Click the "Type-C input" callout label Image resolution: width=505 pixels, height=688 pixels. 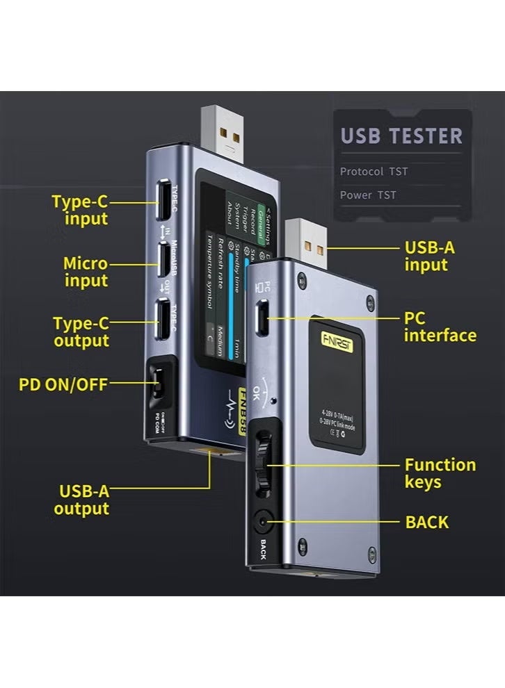(x=79, y=211)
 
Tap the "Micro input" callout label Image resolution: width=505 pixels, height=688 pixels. (x=86, y=272)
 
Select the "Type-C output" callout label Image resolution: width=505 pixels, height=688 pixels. (x=81, y=332)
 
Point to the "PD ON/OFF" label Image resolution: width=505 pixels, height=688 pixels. (x=63, y=384)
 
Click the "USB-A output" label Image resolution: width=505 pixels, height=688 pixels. (x=83, y=500)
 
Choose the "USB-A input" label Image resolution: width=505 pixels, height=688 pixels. (x=429, y=256)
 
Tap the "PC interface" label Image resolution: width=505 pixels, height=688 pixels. (x=440, y=327)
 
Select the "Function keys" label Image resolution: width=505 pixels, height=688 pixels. (x=440, y=473)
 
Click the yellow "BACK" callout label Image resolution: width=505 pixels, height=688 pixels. (x=427, y=522)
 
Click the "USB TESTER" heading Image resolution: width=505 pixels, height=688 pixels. (x=401, y=136)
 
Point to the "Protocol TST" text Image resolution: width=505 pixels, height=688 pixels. (x=374, y=171)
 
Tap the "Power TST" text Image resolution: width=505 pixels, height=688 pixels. (x=368, y=195)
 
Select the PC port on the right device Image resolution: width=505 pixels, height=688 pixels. (x=264, y=318)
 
